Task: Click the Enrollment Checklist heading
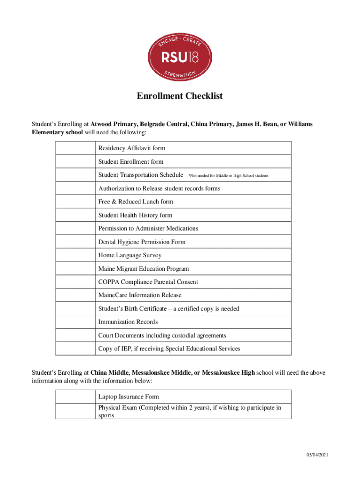click(x=180, y=96)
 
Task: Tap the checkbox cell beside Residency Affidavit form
click(x=75, y=148)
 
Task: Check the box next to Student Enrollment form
click(x=75, y=162)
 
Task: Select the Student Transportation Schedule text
click(x=140, y=175)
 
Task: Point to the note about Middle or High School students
click(x=228, y=176)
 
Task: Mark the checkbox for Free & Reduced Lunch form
click(x=75, y=202)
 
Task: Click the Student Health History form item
click(x=135, y=215)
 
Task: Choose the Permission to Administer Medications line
click(x=148, y=228)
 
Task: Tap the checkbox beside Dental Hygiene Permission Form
click(x=75, y=242)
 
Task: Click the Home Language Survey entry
click(x=130, y=255)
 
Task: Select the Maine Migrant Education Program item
click(x=144, y=269)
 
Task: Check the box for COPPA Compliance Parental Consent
click(x=75, y=282)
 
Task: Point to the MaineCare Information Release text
click(x=140, y=295)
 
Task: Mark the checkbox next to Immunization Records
click(x=75, y=322)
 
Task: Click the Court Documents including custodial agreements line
click(x=162, y=335)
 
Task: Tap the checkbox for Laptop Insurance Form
click(x=75, y=397)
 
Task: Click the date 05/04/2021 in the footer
click(x=318, y=455)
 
